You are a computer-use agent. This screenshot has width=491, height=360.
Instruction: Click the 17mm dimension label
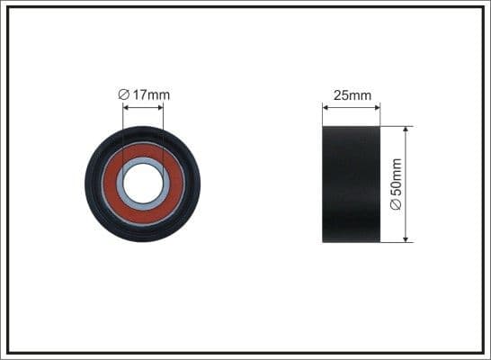click(150, 94)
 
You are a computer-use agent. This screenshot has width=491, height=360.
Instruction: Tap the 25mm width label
click(352, 94)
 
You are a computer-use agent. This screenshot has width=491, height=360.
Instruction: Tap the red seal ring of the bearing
click(171, 198)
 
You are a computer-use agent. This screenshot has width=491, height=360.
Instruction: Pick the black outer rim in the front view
click(94, 184)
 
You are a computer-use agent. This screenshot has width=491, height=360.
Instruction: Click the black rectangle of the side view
click(352, 184)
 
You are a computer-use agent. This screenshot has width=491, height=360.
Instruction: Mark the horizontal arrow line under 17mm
click(142, 106)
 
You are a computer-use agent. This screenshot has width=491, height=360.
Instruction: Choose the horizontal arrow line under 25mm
click(352, 106)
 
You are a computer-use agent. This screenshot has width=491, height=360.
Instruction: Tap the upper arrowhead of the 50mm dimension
click(407, 130)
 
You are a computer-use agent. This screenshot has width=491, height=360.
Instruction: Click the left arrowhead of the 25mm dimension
click(326, 106)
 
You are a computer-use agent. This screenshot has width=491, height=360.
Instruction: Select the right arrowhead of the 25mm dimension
click(377, 106)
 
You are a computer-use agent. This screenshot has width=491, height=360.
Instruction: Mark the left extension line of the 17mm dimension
click(122, 121)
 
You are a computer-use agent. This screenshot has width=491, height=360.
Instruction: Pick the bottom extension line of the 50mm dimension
click(397, 241)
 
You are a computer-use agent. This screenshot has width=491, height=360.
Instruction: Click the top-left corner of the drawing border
click(7, 8)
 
